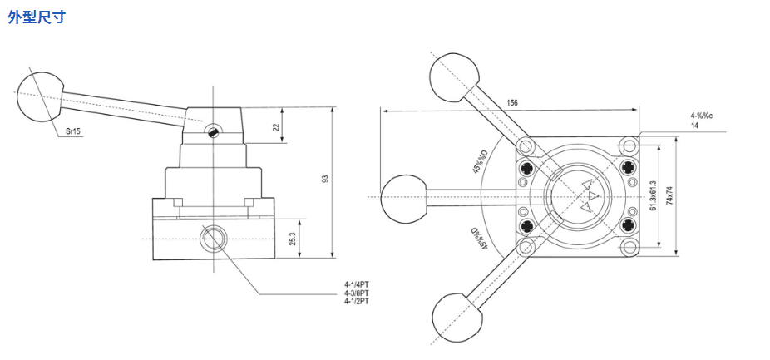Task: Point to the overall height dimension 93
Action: pyautogui.click(x=326, y=178)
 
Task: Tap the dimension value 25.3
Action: pyautogui.click(x=292, y=239)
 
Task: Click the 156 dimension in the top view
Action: pyautogui.click(x=511, y=102)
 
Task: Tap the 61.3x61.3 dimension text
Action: pyautogui.click(x=653, y=195)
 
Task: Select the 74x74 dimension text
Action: pyautogui.click(x=669, y=196)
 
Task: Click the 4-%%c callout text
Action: pyautogui.click(x=699, y=116)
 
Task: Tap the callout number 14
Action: pyautogui.click(x=694, y=126)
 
